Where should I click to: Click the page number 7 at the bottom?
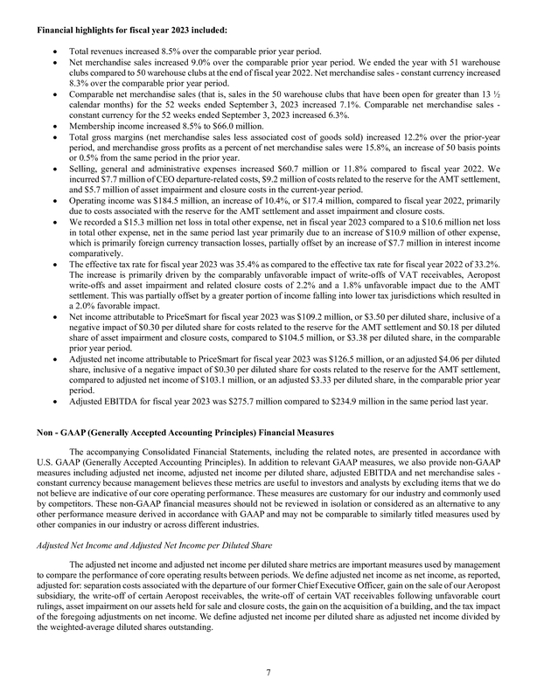coord(268,673)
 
